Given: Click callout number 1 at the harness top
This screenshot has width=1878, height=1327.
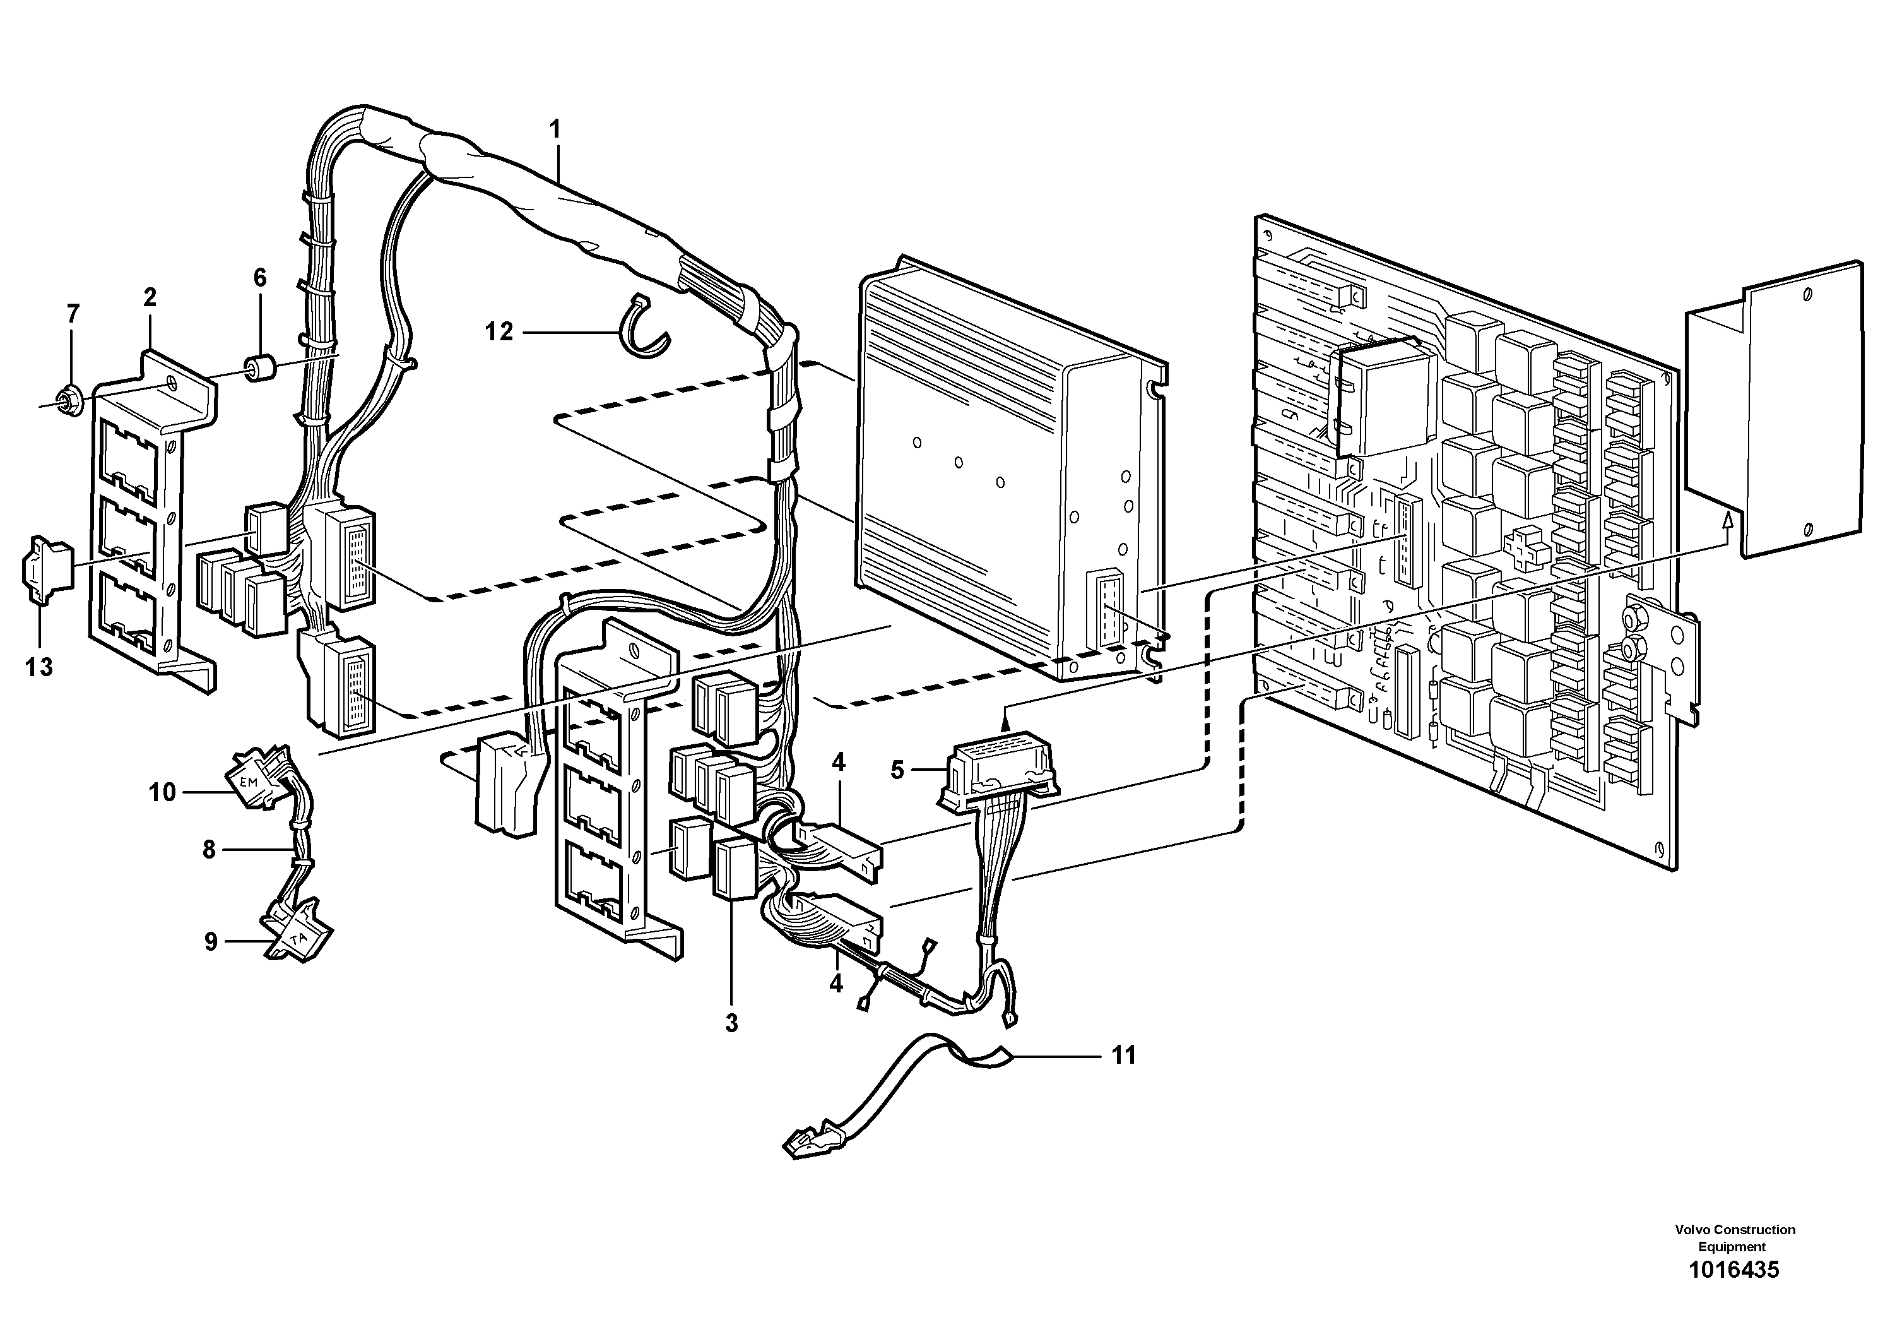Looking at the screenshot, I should pyautogui.click(x=555, y=129).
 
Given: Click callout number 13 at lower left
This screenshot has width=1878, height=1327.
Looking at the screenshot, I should pyautogui.click(x=38, y=667).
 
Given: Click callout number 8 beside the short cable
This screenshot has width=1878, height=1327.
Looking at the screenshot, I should pyautogui.click(x=210, y=850).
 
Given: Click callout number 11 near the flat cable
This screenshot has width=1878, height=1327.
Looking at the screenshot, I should pyautogui.click(x=1125, y=1056).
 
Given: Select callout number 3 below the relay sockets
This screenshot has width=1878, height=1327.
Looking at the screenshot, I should pyautogui.click(x=731, y=1023).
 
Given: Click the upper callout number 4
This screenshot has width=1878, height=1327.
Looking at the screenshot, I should pyautogui.click(x=839, y=763).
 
